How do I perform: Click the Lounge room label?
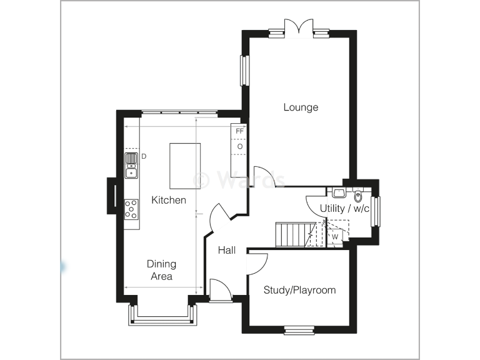pos(301,107)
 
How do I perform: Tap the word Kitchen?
pos(168,200)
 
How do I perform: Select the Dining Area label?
pos(161,270)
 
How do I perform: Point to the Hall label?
pos(226,250)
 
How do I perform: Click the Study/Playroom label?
pos(299,290)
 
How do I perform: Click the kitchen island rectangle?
pos(185,166)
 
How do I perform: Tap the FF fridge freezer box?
pos(239,131)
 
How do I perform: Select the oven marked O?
pos(239,146)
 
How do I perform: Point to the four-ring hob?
pos(131,209)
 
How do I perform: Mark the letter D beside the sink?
pos(143,156)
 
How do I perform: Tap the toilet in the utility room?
pos(358,192)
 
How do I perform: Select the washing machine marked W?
pos(335,237)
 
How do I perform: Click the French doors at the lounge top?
pos(297,29)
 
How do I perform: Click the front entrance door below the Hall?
pos(219,292)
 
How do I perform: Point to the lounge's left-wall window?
pos(244,70)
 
